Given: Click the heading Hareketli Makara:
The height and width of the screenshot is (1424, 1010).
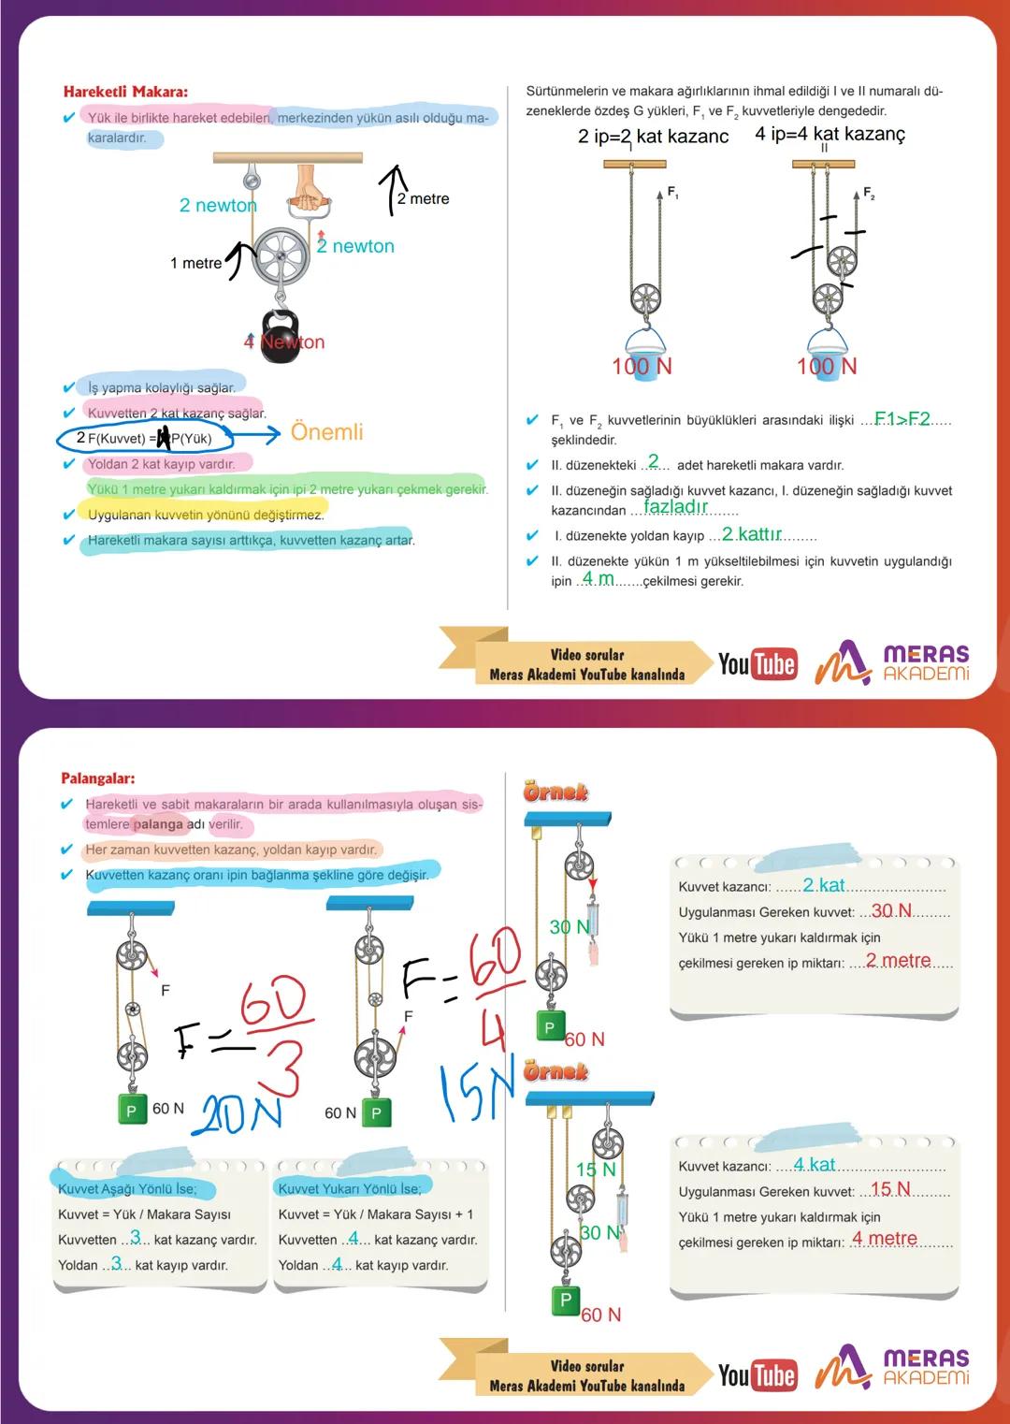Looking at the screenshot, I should (125, 92).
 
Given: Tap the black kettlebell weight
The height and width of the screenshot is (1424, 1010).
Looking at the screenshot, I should (280, 332).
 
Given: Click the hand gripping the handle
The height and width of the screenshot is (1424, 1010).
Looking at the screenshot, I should (307, 188).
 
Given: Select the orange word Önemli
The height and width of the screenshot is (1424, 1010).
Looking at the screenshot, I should (326, 432).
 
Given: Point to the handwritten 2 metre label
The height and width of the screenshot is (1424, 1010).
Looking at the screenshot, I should (423, 198).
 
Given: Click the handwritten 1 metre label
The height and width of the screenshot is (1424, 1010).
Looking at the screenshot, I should (195, 263).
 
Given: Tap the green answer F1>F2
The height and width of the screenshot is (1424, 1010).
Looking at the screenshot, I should (902, 419).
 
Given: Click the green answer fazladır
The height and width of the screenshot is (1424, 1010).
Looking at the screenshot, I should (675, 507).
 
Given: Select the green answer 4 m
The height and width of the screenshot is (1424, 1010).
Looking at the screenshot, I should (598, 579).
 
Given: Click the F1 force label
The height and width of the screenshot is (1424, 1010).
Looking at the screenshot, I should (672, 193).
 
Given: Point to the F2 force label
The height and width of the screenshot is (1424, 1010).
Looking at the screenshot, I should (869, 194).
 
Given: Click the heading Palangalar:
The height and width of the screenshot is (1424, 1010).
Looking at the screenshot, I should (98, 778).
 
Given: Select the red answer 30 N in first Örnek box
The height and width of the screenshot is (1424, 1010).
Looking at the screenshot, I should (891, 911).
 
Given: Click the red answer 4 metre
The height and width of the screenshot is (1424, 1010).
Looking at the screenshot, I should (884, 1239).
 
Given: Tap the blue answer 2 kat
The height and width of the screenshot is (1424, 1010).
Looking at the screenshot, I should (823, 885).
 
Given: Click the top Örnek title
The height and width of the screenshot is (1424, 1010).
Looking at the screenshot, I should (555, 792).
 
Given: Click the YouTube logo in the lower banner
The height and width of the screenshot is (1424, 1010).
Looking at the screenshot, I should (757, 1375).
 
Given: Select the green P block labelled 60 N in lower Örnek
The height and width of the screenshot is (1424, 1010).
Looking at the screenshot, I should (565, 1300).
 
